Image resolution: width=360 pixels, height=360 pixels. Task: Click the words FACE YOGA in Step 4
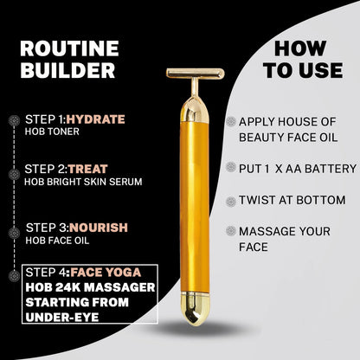[106, 276]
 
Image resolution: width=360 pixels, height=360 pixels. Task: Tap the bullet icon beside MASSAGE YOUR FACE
[230, 233]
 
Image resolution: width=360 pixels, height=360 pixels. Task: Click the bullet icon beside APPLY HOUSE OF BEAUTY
[230, 123]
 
